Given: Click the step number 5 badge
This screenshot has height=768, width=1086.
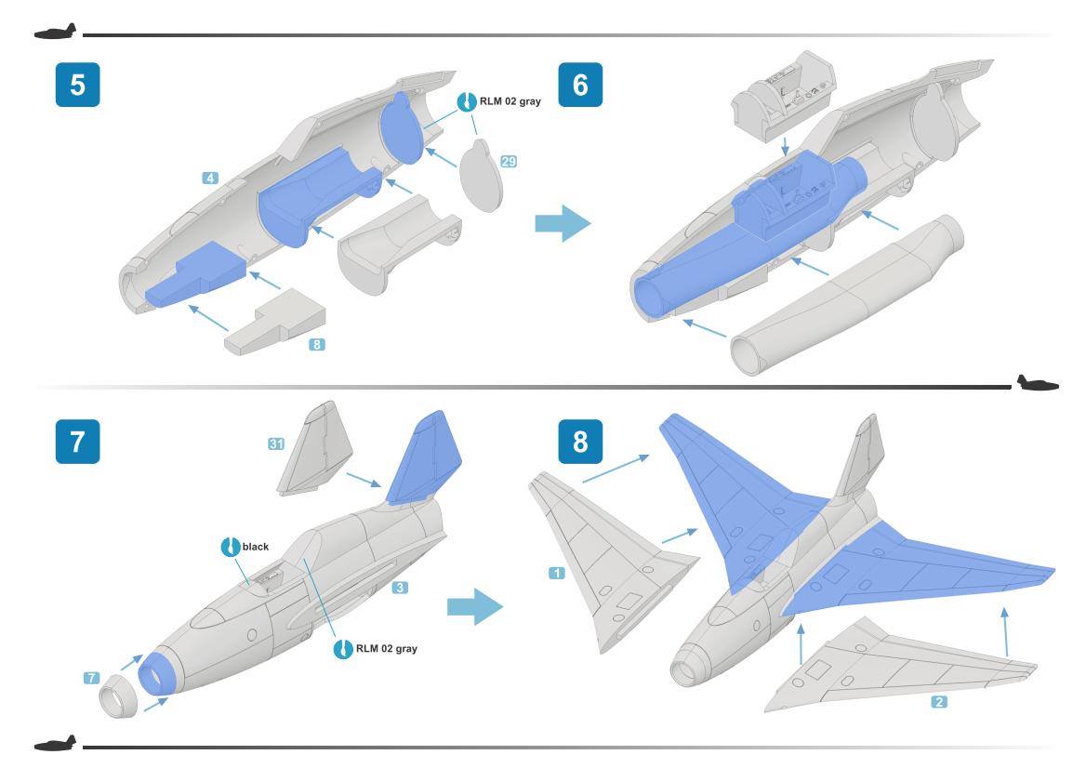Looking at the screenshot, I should tap(77, 85).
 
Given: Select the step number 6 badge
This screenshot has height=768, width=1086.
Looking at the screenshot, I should tap(580, 85).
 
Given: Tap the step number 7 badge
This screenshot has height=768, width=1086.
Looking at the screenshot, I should tap(77, 440).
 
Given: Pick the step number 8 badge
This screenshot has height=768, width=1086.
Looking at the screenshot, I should tap(580, 440).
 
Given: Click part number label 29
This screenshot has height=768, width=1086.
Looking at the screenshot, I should tap(509, 162).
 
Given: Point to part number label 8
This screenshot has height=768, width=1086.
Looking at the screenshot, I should tap(317, 344).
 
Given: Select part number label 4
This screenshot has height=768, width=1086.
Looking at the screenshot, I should tap(211, 177).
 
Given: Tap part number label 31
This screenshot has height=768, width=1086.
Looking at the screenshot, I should tap(276, 444).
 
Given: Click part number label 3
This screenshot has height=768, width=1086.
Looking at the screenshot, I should tap(400, 588).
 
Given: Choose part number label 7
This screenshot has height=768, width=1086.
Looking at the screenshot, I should tap(91, 679).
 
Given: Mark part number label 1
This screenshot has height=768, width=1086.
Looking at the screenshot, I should tap(557, 574).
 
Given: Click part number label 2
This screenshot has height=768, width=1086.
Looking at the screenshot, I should tap(939, 702).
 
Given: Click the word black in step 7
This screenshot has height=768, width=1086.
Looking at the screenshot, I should tap(256, 547).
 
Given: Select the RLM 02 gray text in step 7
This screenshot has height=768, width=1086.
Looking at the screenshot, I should tap(387, 648).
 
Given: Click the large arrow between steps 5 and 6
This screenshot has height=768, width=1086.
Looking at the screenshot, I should tap(563, 224).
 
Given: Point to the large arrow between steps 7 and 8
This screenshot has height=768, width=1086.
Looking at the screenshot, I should tap(474, 608).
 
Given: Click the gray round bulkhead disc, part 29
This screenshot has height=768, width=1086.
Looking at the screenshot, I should tap(482, 177).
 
